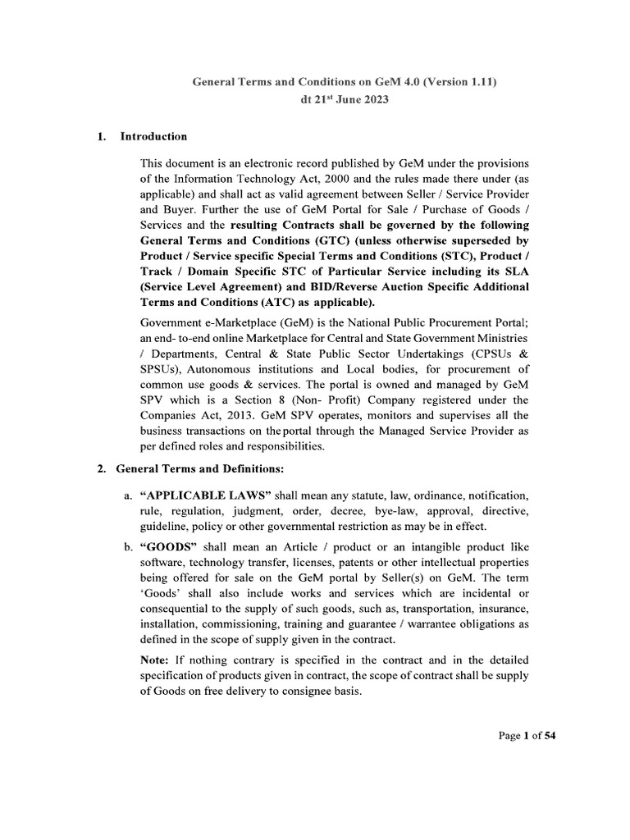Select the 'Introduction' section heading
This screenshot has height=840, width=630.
pyautogui.click(x=153, y=137)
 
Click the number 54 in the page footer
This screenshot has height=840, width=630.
pyautogui.click(x=550, y=736)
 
